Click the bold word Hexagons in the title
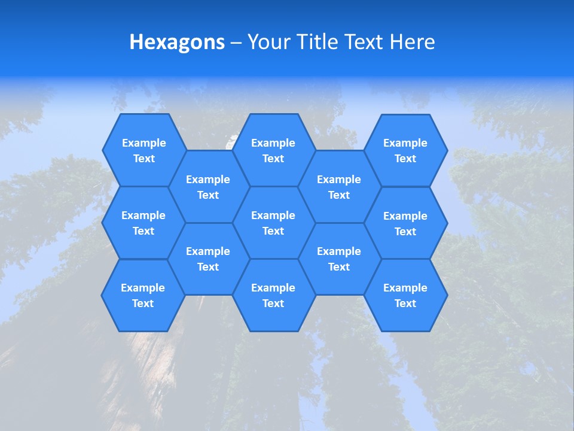(x=177, y=42)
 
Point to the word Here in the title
(x=412, y=42)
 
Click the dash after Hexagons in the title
(x=236, y=43)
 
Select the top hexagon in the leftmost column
(x=143, y=150)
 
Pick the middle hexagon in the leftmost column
(x=143, y=223)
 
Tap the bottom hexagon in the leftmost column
(x=143, y=295)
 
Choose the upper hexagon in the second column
(x=208, y=187)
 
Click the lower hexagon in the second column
(x=208, y=259)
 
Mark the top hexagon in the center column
(x=273, y=150)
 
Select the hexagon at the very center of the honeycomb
(x=273, y=223)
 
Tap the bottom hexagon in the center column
(x=273, y=295)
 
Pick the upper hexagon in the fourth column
(x=339, y=187)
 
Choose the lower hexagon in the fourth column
(x=339, y=259)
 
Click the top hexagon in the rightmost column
(x=405, y=150)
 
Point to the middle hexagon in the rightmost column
(x=405, y=223)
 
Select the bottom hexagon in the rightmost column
(x=405, y=295)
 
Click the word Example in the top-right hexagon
(x=405, y=143)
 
